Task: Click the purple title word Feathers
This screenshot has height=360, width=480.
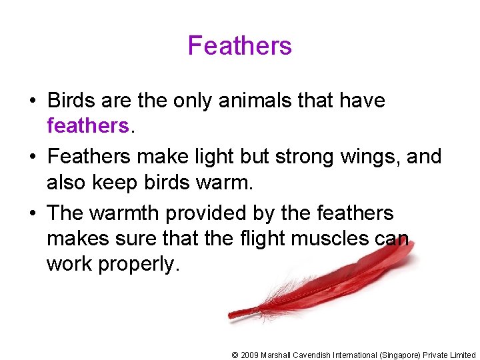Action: coord(240,46)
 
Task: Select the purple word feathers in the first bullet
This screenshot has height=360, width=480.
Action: coord(87,126)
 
